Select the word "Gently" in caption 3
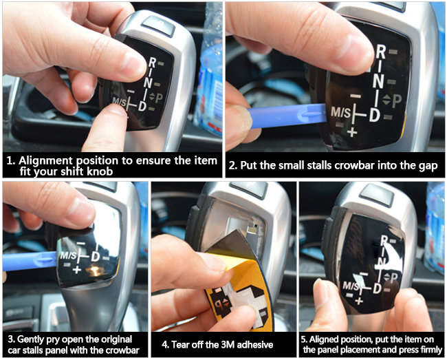(30, 339)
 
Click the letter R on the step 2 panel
(381, 52)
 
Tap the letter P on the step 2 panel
(397, 101)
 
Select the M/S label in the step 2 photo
(340, 113)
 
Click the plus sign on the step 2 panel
(352, 132)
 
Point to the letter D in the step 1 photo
(142, 106)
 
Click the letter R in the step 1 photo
(153, 63)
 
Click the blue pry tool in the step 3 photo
(30, 261)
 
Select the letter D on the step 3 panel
(96, 256)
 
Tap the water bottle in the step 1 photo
(210, 72)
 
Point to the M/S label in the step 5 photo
(351, 286)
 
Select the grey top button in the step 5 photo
(377, 194)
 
